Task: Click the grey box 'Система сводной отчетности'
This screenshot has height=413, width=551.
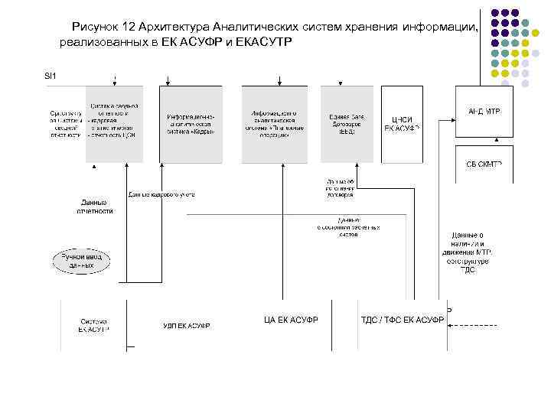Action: point(114,122)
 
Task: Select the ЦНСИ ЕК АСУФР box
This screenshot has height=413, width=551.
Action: point(402,123)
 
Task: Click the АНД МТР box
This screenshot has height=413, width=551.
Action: point(484,112)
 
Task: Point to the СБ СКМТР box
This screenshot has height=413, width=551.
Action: point(484,165)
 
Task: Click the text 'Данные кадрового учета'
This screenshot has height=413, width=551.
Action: point(161,194)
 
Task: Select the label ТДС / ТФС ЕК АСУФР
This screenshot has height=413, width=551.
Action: point(402,320)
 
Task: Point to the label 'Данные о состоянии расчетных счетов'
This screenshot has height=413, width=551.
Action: point(347,227)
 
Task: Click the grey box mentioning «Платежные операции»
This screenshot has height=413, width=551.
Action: point(273,122)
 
